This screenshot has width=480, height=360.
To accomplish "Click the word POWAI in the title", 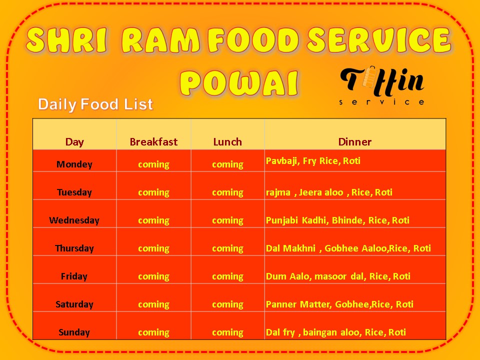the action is pos(239,83).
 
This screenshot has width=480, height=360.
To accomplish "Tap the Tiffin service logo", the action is pos(382,85).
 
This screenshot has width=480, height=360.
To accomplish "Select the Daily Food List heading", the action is pos(95,104).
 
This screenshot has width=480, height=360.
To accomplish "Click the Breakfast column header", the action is pos(153,141).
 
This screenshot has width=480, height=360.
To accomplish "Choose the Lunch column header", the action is pos(227,141).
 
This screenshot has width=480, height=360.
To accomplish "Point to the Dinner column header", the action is pos(355,141).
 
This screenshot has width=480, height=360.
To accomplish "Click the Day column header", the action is pos(74,142).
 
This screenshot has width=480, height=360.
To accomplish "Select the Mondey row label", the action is pos(74,164).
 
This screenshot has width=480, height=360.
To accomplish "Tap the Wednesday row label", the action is pos(74,220).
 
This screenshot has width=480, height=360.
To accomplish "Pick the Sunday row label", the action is pos(74,332).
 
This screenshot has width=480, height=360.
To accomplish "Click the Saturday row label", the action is pos(74,304).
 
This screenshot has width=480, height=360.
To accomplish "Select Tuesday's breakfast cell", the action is pos(153,192).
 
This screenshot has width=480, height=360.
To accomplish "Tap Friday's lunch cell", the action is pos(227,276).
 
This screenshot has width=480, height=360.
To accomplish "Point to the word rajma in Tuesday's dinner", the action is pos(278,192).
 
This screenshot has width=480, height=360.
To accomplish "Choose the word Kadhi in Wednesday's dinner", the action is pos(314,220).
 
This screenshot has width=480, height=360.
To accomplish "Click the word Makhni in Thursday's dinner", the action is pos(299,248).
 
